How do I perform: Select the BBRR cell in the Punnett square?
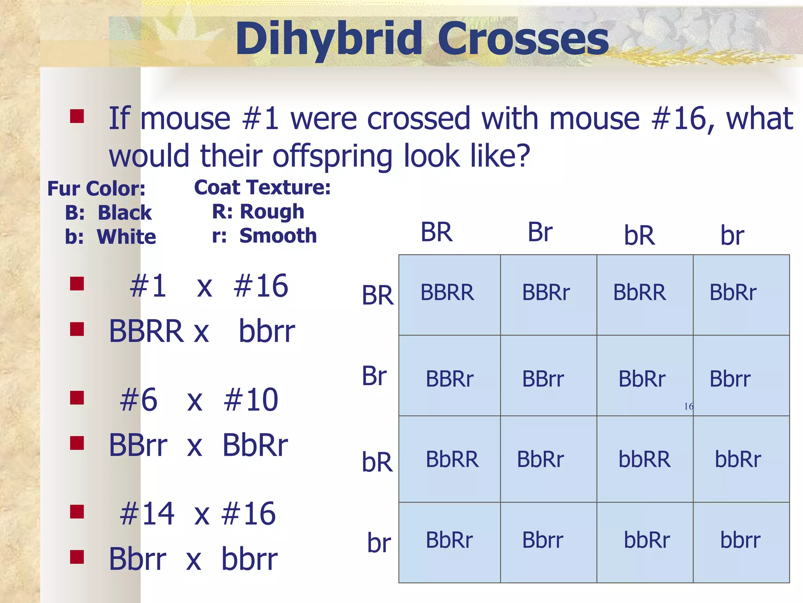(x=447, y=293)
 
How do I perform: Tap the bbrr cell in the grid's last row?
(x=740, y=540)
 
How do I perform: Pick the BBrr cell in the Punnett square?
(x=543, y=379)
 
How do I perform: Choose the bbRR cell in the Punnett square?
(x=645, y=460)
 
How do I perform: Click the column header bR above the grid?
(x=639, y=236)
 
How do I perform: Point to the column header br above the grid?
(x=732, y=236)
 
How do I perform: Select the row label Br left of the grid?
(x=374, y=376)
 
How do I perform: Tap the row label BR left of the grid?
(x=377, y=296)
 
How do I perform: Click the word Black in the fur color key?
(x=124, y=213)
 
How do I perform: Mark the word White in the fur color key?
(x=126, y=237)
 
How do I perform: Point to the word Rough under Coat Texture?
(x=272, y=212)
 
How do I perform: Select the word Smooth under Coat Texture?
(x=278, y=236)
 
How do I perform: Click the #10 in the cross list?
(x=251, y=400)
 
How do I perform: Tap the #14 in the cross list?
(x=147, y=514)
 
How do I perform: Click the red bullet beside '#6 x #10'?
(x=77, y=398)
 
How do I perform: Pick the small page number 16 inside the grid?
(x=688, y=406)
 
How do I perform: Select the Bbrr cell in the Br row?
(x=730, y=379)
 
